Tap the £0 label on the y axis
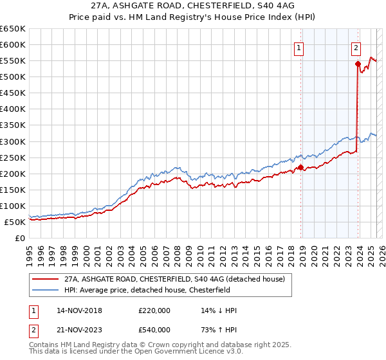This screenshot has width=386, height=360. tap(20, 238)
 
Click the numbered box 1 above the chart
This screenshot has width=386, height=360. tap(300, 47)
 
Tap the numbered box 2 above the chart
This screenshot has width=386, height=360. tap(356, 47)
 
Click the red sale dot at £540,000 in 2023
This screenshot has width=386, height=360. tap(357, 64)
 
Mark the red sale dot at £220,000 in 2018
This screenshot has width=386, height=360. tap(300, 167)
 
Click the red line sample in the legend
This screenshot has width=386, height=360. tap(44, 279)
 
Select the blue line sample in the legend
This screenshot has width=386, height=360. tap(44, 290)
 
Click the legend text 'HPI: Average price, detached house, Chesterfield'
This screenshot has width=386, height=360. tap(147, 290)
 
